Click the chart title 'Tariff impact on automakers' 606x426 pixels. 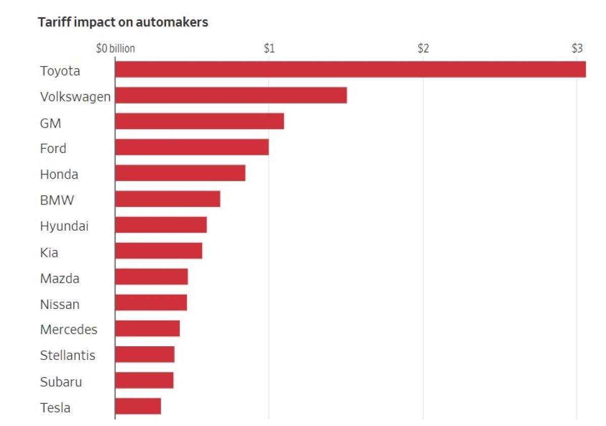(123, 23)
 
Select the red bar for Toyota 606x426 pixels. (350, 70)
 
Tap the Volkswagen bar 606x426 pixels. (231, 95)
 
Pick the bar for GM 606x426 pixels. (199, 122)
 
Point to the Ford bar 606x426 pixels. (192, 147)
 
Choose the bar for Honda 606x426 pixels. (180, 173)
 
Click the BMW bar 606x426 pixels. (168, 199)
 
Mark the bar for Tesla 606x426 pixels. (138, 406)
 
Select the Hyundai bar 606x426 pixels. (161, 225)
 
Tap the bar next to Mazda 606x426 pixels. (151, 277)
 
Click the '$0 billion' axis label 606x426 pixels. (116, 49)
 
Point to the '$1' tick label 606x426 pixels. (269, 49)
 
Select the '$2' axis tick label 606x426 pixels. (423, 49)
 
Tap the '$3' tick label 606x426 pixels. (577, 49)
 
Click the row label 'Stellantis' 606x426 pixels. (68, 355)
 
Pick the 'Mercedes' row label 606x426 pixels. (69, 330)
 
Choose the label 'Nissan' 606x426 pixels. (60, 304)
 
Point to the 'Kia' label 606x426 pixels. (49, 252)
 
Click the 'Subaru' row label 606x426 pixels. (61, 382)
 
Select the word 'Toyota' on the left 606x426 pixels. (60, 71)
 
